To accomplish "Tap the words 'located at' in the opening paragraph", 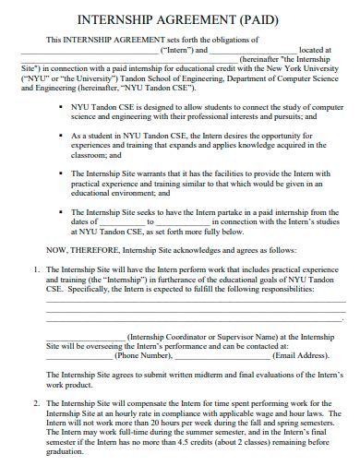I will [x=315, y=51].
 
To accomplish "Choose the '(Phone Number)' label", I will [x=143, y=354].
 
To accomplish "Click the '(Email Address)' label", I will [x=301, y=354].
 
